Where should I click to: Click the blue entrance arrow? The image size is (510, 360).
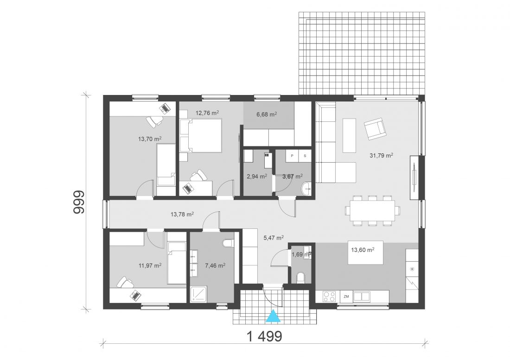[273, 316]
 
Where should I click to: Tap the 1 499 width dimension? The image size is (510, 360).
[264, 337]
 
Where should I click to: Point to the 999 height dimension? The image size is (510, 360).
[79, 202]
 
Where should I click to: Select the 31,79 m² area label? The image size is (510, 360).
[381, 155]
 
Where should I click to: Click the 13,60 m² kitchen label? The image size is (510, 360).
[363, 250]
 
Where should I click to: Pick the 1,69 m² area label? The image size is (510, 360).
[301, 254]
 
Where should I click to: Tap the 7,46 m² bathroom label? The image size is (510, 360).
[215, 265]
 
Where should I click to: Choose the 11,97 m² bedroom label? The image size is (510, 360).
[150, 265]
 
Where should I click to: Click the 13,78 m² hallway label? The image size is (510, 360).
[182, 214]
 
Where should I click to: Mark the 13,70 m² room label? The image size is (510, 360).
[150, 139]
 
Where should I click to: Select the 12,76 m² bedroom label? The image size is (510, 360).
[207, 113]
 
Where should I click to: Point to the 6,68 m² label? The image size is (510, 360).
[267, 114]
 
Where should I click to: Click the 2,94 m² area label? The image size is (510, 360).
[257, 177]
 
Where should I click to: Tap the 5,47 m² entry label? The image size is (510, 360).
[273, 238]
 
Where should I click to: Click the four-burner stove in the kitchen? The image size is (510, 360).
[329, 297]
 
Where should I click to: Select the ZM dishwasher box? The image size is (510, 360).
[346, 297]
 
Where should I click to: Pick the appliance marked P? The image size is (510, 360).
[292, 156]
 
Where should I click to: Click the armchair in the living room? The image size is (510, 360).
[375, 128]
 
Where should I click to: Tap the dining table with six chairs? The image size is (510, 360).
[372, 210]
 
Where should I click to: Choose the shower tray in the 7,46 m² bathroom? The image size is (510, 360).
[198, 294]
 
